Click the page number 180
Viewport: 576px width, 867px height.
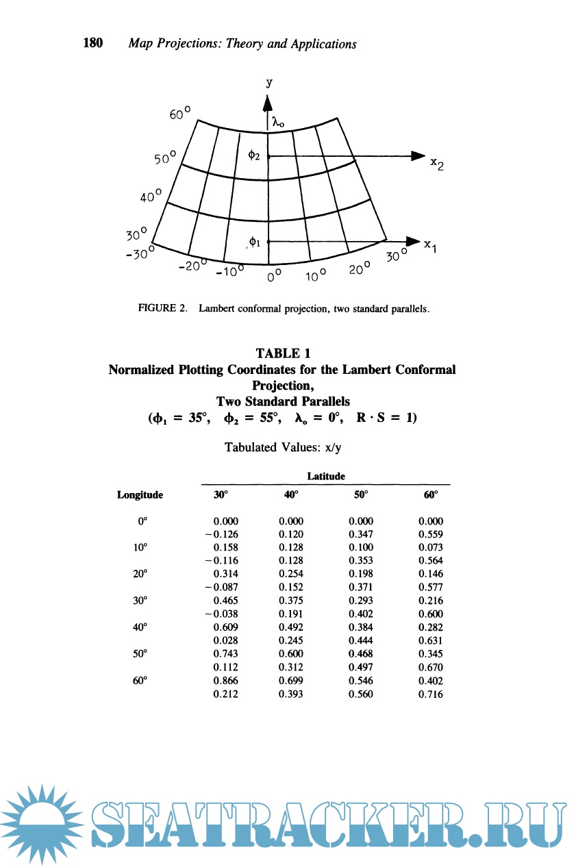(92, 44)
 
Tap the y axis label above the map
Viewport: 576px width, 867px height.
(269, 82)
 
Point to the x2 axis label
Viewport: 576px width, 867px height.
(435, 165)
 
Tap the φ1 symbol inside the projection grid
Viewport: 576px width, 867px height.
(253, 241)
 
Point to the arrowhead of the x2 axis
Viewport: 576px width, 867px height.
(417, 155)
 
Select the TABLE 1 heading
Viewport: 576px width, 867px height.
(282, 353)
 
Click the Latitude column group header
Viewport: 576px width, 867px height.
(326, 475)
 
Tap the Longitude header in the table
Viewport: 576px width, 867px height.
(140, 494)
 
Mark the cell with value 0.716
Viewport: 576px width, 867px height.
(431, 694)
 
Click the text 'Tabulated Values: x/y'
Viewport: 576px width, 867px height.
(282, 447)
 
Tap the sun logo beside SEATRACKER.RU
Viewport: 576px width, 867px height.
(41, 824)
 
